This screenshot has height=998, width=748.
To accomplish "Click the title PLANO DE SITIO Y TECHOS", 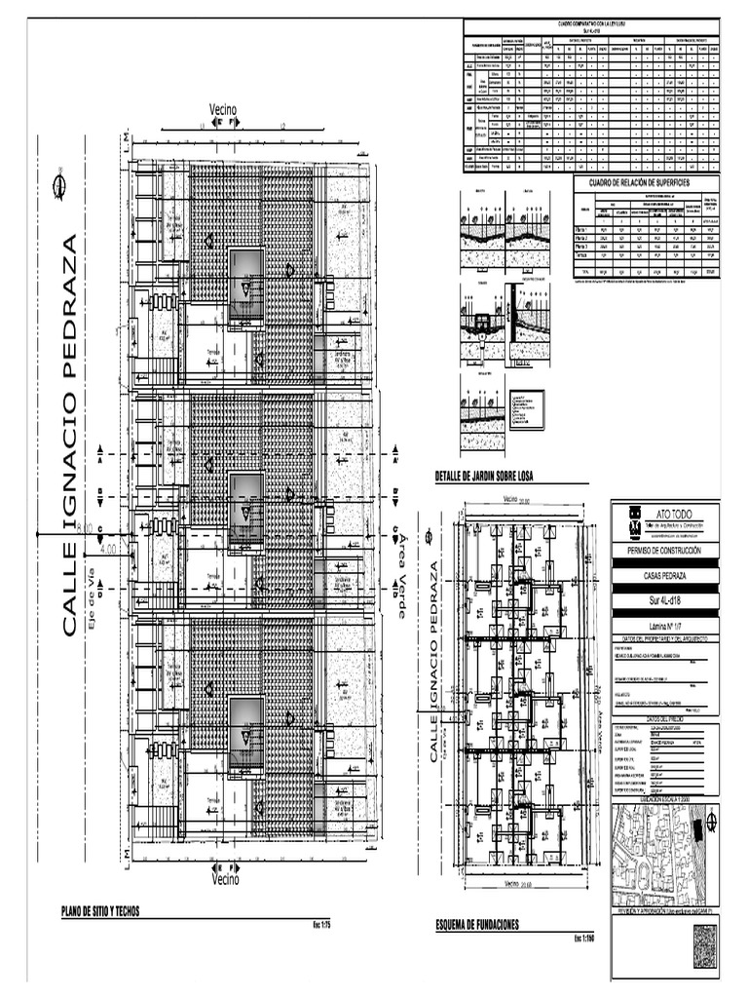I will [100, 911].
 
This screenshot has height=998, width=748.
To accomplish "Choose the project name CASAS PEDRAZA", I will [667, 576].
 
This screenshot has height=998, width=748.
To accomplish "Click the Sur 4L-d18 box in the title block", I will [667, 601].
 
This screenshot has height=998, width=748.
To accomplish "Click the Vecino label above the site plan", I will [223, 109].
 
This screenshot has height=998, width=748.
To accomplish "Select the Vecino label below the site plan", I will [225, 878].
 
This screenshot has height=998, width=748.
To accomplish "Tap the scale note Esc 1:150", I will [583, 938].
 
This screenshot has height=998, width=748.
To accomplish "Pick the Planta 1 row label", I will [585, 227].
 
